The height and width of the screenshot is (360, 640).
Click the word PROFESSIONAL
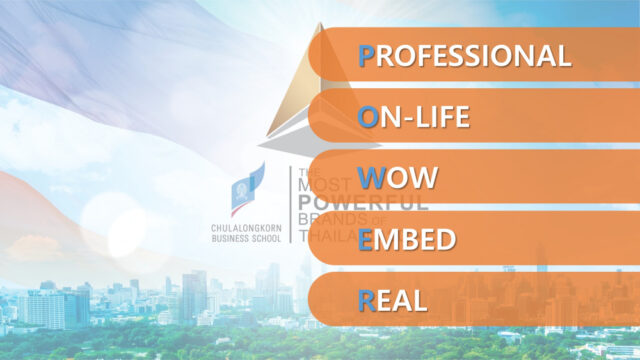pyautogui.click(x=465, y=55)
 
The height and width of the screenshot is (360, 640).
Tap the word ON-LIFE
pyautogui.click(x=414, y=116)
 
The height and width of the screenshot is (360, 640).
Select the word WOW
pyautogui.click(x=398, y=178)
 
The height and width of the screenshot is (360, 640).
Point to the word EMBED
pyautogui.click(x=407, y=239)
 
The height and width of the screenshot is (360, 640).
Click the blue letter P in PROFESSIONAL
pyautogui.click(x=367, y=55)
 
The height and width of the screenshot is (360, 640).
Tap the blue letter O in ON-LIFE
pyautogui.click(x=368, y=116)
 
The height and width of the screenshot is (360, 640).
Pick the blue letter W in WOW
pyautogui.click(x=371, y=178)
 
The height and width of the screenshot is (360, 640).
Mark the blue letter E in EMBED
pyautogui.click(x=366, y=239)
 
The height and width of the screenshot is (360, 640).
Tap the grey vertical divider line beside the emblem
pyautogui.click(x=290, y=204)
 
